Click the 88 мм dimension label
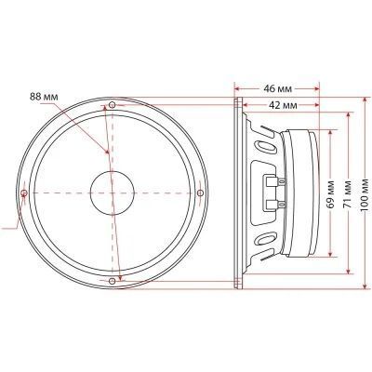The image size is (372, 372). [x=44, y=97]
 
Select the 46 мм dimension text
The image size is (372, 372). [x=278, y=89]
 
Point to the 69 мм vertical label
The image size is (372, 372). [x=330, y=193]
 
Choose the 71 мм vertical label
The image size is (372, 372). [x=349, y=193]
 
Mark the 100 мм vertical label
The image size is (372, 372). [x=365, y=195]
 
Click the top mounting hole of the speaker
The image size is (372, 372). [x=113, y=105]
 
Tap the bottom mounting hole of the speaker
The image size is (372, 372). [x=113, y=281]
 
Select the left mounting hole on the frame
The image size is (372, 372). [x=24, y=193]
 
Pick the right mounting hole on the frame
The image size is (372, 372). [x=200, y=193]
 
